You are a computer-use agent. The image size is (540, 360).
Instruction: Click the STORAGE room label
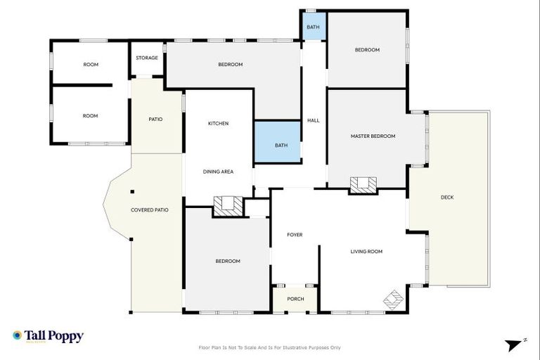146,58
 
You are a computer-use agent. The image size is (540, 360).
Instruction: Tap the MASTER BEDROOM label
373,136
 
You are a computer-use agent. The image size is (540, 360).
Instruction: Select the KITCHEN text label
218,124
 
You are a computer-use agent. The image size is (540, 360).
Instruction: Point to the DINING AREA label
218,172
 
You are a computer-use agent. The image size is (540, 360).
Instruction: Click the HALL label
313,120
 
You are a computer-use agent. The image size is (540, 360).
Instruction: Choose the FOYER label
295,235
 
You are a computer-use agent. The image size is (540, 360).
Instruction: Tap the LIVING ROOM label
366,251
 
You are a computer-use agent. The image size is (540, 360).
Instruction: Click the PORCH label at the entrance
295,299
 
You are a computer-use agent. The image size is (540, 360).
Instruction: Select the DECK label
447,198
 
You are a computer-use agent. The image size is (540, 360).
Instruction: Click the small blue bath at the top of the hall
313,27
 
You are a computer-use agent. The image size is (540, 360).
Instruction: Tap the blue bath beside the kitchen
281,146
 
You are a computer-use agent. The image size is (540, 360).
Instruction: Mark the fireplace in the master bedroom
364,185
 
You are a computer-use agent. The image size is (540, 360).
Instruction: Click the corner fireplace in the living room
394,300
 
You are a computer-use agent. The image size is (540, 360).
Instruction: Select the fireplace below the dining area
229,205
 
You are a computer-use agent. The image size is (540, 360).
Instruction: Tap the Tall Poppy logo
48,336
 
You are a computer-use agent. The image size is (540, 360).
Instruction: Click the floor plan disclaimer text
270,347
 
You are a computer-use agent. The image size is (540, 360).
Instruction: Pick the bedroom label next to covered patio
227,262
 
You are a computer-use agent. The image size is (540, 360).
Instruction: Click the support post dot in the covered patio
131,191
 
